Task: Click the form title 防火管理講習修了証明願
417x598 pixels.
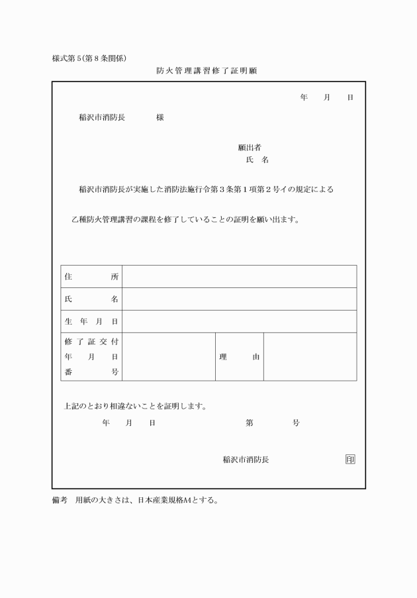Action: [x=211, y=70]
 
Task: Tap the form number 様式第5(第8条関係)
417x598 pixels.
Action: [x=89, y=58]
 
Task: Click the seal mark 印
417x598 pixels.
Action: [x=349, y=460]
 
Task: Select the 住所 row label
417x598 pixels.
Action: [x=91, y=277]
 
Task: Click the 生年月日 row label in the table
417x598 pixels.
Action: [x=91, y=321]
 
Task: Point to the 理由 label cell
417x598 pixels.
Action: [x=239, y=357]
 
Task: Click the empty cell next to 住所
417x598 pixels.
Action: [x=239, y=277]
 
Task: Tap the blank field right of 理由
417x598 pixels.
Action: [x=310, y=357]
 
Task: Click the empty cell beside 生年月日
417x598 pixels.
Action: [x=239, y=321]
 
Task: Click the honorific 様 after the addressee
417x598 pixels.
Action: [x=160, y=117]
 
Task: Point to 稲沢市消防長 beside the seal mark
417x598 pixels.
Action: [x=246, y=460]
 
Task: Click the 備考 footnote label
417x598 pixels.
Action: [x=60, y=500]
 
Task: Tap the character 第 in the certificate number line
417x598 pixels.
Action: [x=249, y=423]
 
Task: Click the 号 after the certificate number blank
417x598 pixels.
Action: [x=296, y=423]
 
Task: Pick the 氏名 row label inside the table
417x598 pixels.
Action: [x=91, y=299]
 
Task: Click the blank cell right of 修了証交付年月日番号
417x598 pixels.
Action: [x=168, y=357]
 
